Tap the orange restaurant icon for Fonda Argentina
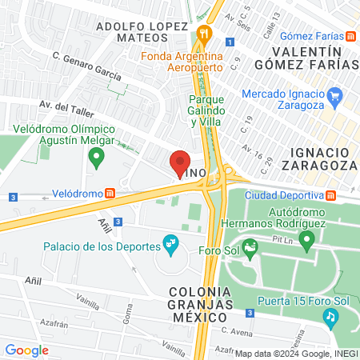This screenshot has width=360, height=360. (x=204, y=34)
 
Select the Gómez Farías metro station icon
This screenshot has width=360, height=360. (x=350, y=37)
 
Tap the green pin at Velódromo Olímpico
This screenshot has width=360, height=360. (x=97, y=158)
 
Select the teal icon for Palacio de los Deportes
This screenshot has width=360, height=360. (x=169, y=242)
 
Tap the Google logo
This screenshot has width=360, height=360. (x=26, y=350)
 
